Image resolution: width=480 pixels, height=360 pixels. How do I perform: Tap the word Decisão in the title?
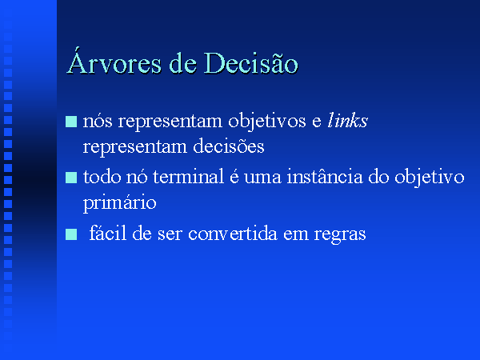coord(250,62)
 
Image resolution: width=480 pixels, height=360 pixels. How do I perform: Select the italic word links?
coord(347,120)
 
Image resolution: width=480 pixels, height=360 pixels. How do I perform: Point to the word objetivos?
coord(267,122)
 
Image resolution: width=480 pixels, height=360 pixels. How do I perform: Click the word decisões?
coord(229,146)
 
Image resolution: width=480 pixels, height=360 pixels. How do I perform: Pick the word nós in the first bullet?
coord(98,122)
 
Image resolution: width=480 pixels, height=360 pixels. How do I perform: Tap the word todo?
coord(102,177)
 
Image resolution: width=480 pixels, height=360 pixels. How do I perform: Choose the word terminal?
coord(188,177)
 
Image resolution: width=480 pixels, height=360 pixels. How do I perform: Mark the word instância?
coord(325,177)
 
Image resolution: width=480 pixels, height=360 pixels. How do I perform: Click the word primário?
coord(120,203)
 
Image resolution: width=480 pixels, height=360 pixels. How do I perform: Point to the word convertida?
coord(233,234)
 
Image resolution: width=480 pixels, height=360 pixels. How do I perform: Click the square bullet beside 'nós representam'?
coord(71,122)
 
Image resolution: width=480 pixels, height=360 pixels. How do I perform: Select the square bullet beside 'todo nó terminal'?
coord(71,178)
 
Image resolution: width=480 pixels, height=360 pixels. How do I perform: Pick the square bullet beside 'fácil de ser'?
coord(71,234)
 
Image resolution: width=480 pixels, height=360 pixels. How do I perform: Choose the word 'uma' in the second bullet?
coord(262,178)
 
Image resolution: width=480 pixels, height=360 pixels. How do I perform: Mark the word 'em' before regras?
coord(296,235)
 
